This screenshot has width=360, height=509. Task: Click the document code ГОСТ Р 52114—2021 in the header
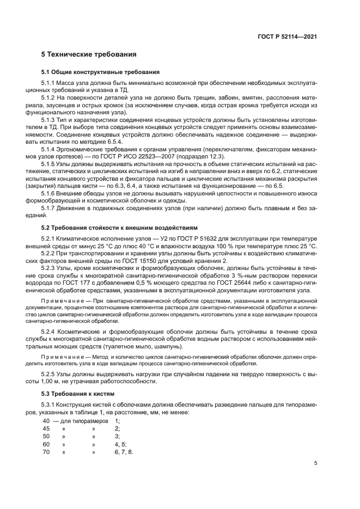pos(287,36)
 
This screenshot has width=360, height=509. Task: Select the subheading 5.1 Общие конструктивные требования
pos(101,72)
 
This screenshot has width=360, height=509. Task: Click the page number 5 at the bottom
pos(316,463)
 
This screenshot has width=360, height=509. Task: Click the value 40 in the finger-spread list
pos(46,421)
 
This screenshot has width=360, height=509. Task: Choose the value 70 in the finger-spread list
pos(46,452)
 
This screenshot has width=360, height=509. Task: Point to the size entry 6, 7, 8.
pos(124,452)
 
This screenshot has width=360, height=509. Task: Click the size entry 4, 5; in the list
pos(120,444)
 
